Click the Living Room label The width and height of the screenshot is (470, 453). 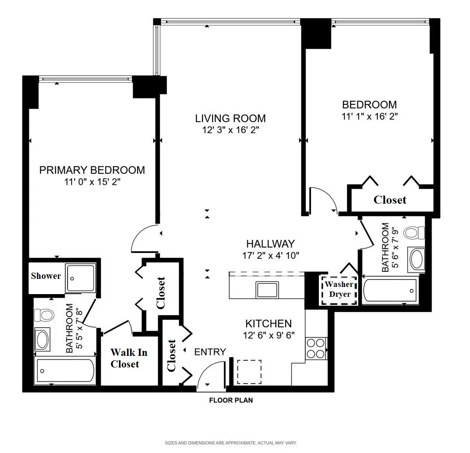[x=230, y=119]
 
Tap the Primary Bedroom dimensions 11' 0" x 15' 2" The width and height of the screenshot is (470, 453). [x=92, y=182]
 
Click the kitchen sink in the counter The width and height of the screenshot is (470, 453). [x=267, y=290]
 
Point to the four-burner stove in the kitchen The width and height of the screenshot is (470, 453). [x=316, y=348]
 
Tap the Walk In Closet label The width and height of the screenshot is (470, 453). [x=128, y=358]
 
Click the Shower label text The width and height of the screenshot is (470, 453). [x=46, y=276]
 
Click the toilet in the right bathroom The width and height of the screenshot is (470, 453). [x=413, y=233]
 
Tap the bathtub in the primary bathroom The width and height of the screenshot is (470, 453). [x=65, y=371]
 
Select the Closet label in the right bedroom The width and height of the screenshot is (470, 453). [x=390, y=200]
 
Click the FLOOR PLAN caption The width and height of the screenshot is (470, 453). [x=231, y=400]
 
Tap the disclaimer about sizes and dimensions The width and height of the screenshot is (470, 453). [x=231, y=443]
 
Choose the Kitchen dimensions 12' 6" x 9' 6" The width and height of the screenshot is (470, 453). [x=268, y=335]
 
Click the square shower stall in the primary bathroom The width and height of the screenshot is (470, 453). [x=80, y=278]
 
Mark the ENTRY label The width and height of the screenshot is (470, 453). [x=210, y=352]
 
